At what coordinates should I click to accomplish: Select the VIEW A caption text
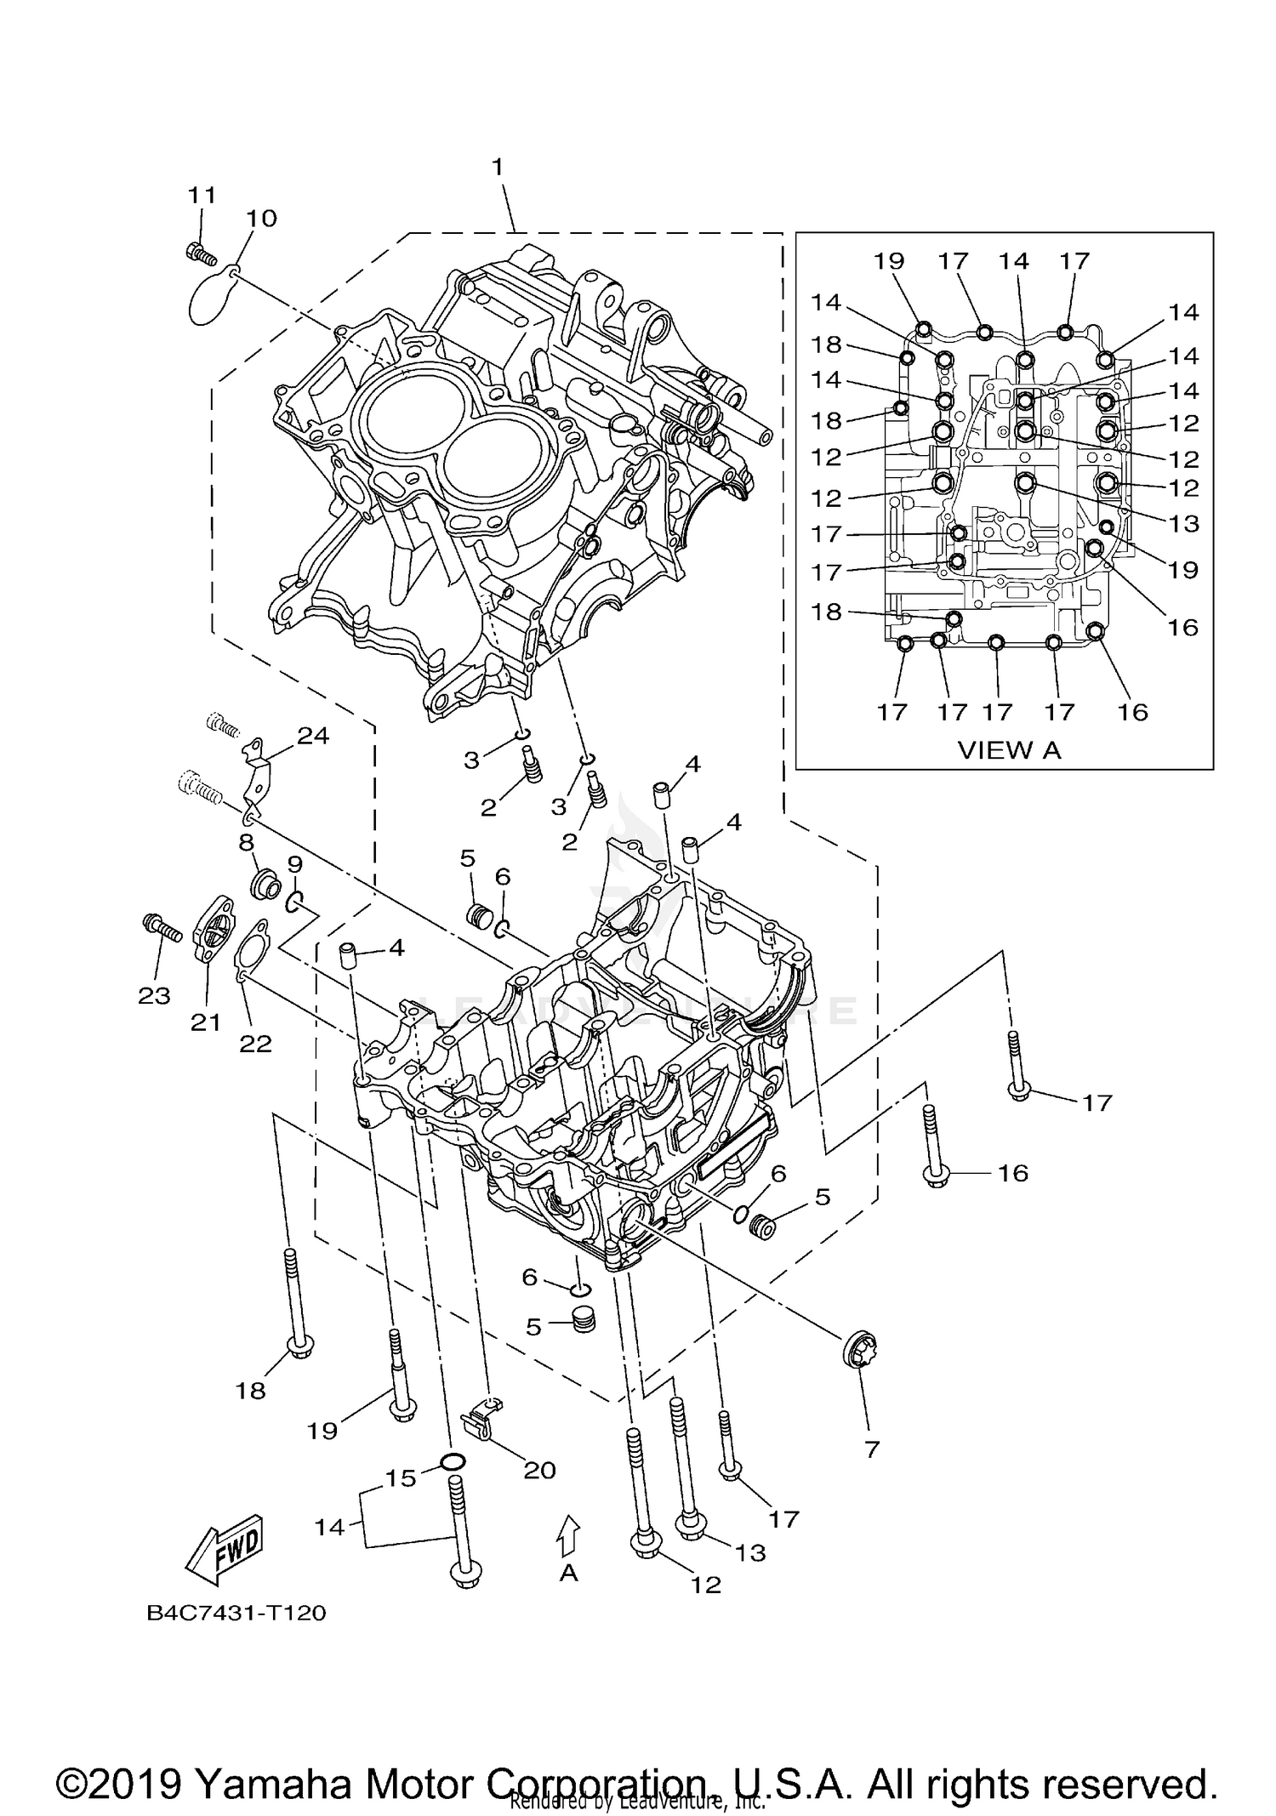pyautogui.click(x=1009, y=749)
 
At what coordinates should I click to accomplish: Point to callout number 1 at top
pyautogui.click(x=498, y=167)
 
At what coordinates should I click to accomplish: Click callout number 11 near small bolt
pyautogui.click(x=202, y=195)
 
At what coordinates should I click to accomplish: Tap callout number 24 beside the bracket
pyautogui.click(x=313, y=735)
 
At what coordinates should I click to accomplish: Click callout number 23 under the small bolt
pyautogui.click(x=155, y=995)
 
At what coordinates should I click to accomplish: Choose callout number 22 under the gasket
pyautogui.click(x=254, y=1043)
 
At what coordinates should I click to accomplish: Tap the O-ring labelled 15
pyautogui.click(x=453, y=1462)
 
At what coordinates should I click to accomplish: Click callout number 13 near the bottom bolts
pyautogui.click(x=750, y=1551)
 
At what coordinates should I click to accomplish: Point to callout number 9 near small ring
pyautogui.click(x=294, y=865)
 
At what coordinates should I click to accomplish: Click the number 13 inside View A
pyautogui.click(x=1184, y=523)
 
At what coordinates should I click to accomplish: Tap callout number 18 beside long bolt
pyautogui.click(x=251, y=1390)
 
